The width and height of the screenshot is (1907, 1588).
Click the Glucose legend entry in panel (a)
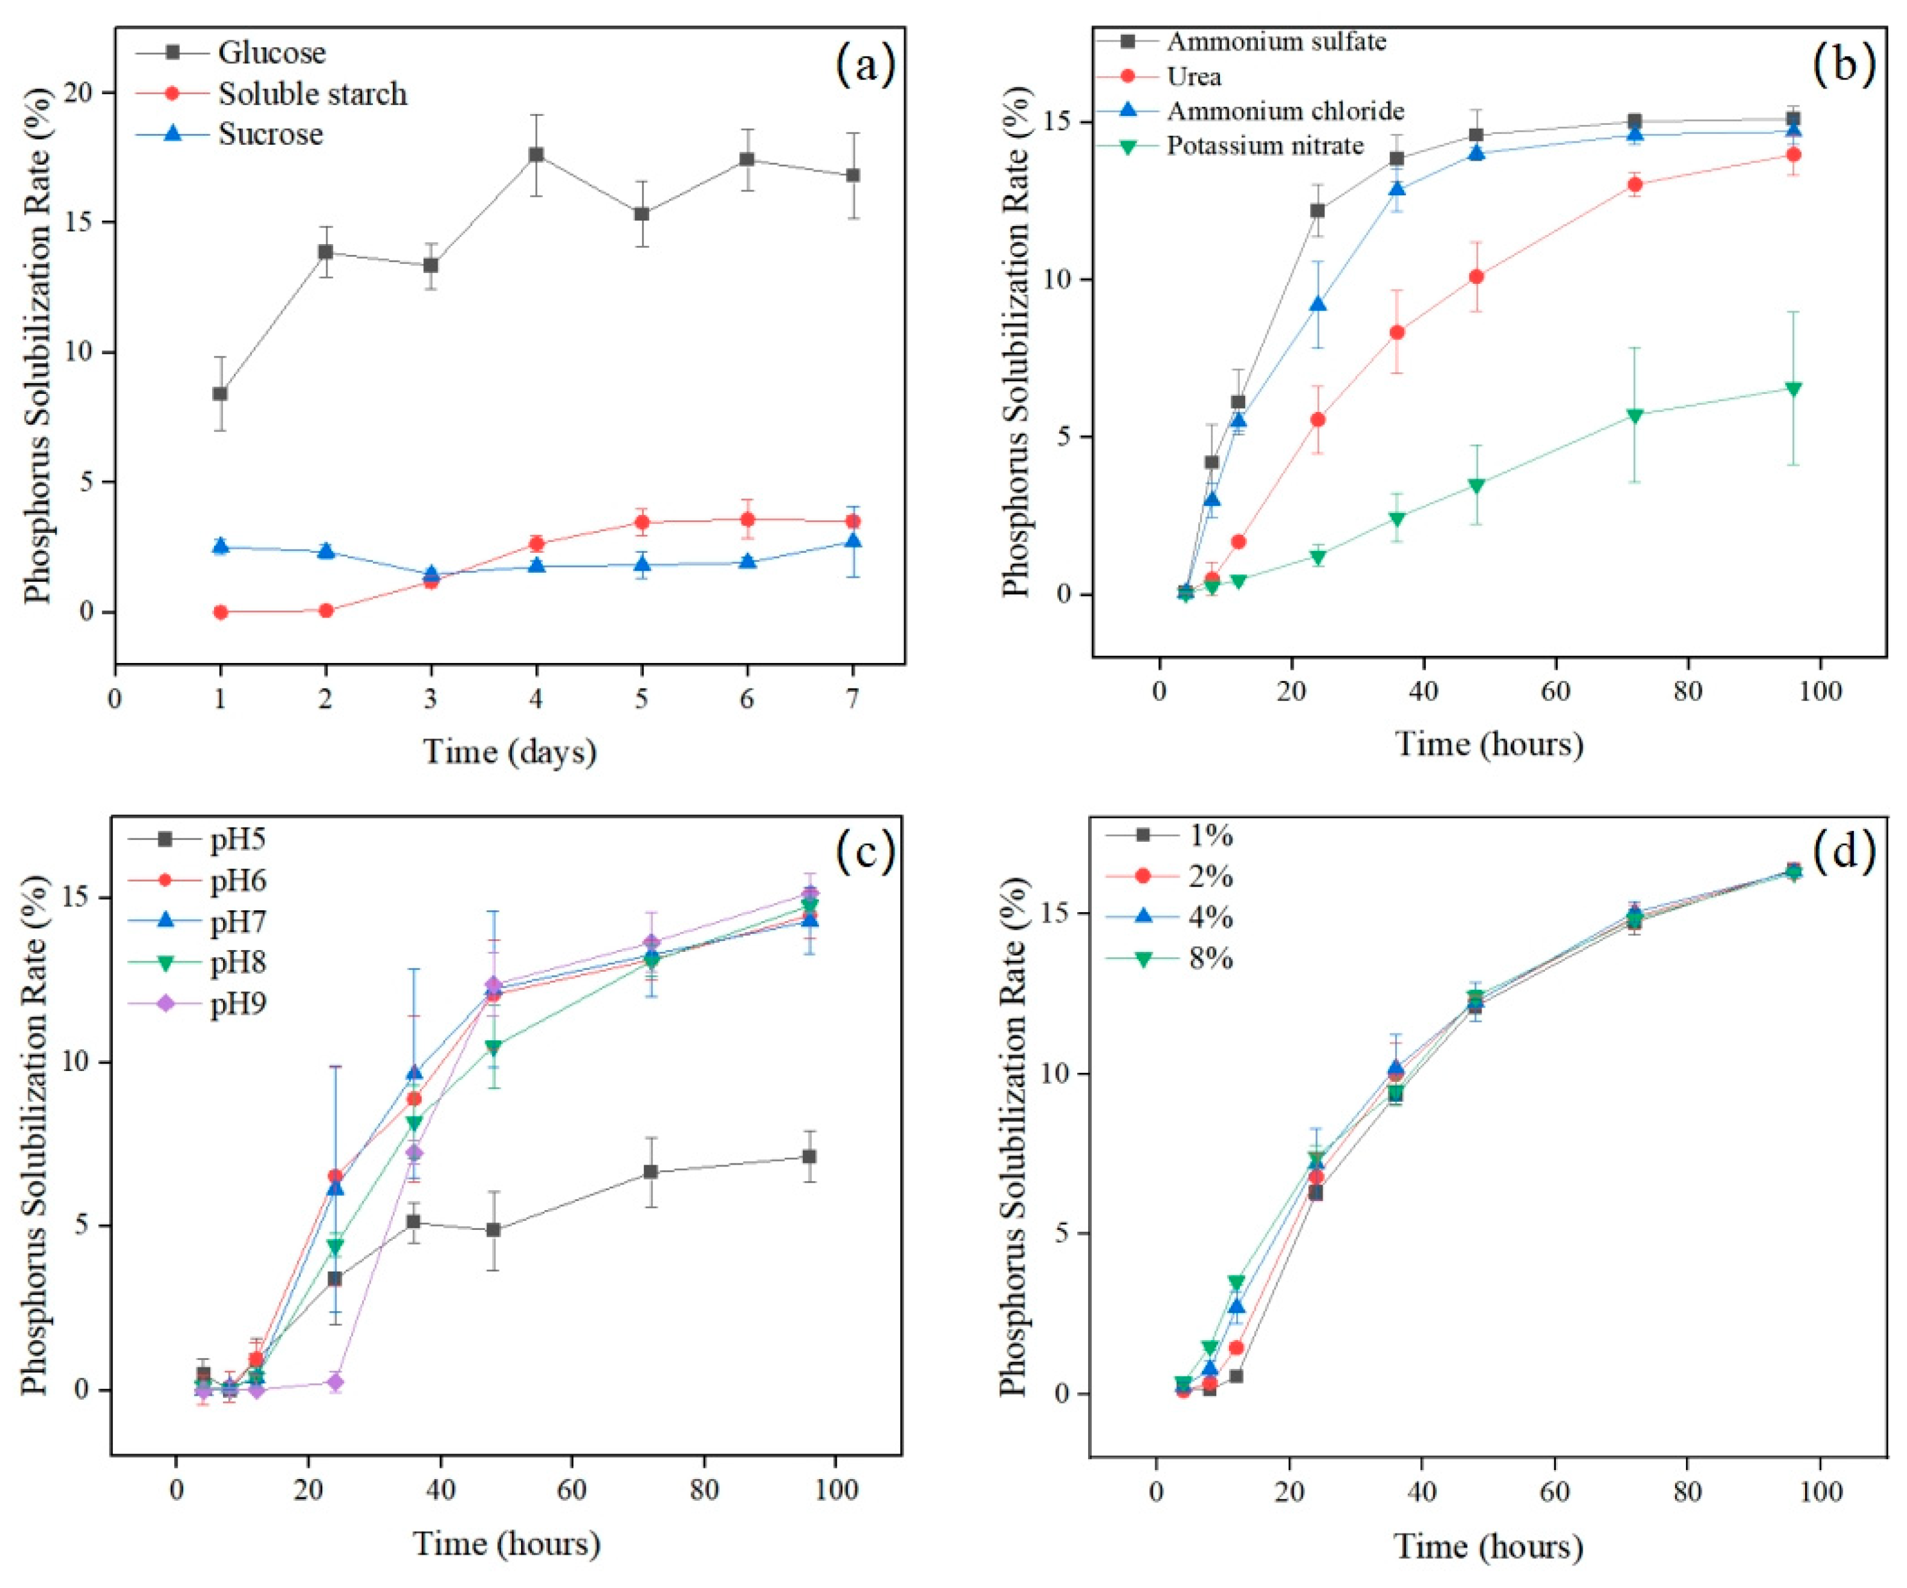(x=270, y=53)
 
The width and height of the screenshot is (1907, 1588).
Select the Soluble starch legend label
(x=312, y=94)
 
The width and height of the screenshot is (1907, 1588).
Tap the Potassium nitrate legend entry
(x=1264, y=145)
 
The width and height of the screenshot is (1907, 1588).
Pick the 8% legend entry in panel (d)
(x=1210, y=958)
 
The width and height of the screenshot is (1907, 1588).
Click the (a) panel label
(x=864, y=65)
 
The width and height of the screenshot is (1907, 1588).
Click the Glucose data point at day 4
(x=537, y=155)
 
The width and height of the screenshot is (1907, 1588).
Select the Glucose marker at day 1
(x=220, y=393)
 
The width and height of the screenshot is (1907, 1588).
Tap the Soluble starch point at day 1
(x=220, y=612)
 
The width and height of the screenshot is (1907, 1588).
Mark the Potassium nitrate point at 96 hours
(x=1792, y=389)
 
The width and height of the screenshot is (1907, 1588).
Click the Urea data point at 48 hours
(x=1476, y=276)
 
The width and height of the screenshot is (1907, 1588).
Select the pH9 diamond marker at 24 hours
(x=335, y=1382)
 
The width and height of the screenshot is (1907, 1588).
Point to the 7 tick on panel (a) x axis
(x=853, y=699)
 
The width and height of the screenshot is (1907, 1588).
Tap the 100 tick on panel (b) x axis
(x=1820, y=691)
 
